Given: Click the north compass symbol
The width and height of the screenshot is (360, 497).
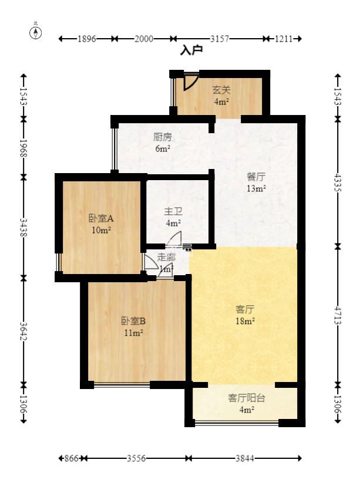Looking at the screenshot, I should coord(36,32).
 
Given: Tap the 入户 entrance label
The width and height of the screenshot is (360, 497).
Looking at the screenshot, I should coord(191,51).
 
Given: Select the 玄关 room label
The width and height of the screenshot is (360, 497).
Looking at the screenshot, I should coord(221,90).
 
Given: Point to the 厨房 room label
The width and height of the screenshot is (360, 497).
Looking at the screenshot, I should coord(163,137).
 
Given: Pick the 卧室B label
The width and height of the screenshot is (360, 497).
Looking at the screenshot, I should coord(133,321).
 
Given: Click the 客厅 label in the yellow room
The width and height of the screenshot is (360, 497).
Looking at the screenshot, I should coord(245,309).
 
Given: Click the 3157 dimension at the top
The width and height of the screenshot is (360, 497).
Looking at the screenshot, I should coord(219,39).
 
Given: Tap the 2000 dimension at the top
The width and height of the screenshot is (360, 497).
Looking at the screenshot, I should coord(144,39).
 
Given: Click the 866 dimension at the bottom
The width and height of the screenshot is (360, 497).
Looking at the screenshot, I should coord(70,458).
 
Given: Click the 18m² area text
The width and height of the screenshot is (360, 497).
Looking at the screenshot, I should coord(245,322).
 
